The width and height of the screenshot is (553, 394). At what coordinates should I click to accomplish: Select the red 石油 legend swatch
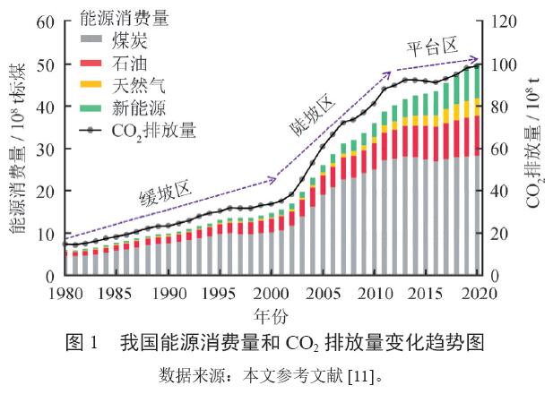coord(91,64)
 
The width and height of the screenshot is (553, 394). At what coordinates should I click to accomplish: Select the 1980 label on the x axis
coord(63,293)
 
